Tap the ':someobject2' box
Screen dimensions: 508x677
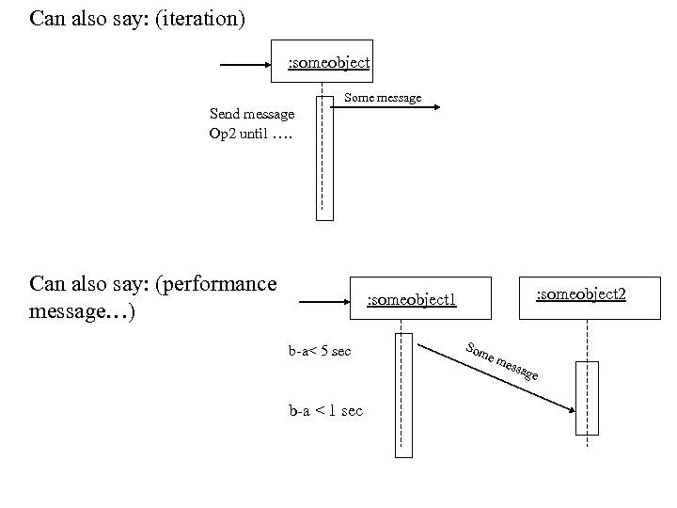pyautogui.click(x=580, y=294)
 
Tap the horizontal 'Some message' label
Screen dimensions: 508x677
pyautogui.click(x=383, y=98)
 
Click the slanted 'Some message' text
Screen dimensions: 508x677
pyautogui.click(x=502, y=362)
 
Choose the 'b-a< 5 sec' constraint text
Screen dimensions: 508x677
pyautogui.click(x=320, y=352)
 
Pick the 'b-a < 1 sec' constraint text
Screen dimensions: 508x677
pyautogui.click(x=325, y=411)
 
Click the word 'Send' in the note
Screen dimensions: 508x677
pyautogui.click(x=226, y=114)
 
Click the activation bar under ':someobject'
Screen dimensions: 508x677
pyautogui.click(x=324, y=156)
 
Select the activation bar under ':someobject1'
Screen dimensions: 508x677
pyautogui.click(x=402, y=394)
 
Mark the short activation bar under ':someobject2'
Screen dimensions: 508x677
pyautogui.click(x=586, y=397)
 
